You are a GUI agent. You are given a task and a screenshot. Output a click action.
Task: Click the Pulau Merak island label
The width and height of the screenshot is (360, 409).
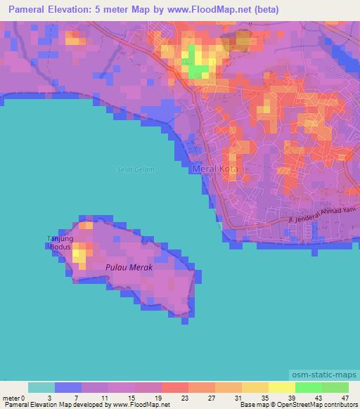click(x=129, y=267)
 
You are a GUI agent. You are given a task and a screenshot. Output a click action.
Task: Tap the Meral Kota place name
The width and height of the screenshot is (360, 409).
click(x=215, y=169)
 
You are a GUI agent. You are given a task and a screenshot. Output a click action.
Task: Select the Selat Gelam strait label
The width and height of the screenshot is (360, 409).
click(x=136, y=169)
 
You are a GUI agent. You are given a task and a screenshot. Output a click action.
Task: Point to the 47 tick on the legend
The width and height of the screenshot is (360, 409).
click(x=345, y=397)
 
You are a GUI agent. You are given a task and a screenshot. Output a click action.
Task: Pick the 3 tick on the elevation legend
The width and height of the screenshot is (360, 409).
click(x=49, y=397)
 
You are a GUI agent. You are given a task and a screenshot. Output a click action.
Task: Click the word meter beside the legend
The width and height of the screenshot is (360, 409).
click(x=11, y=397)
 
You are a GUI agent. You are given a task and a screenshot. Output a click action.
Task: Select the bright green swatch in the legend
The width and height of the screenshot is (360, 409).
click(x=308, y=387)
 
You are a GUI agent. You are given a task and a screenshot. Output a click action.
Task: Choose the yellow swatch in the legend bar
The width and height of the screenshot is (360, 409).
click(x=281, y=387)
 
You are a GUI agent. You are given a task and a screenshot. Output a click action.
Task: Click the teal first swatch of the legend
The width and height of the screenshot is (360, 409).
click(x=41, y=387)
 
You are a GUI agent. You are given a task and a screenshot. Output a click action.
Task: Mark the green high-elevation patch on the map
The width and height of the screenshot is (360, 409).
click(x=198, y=69)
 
